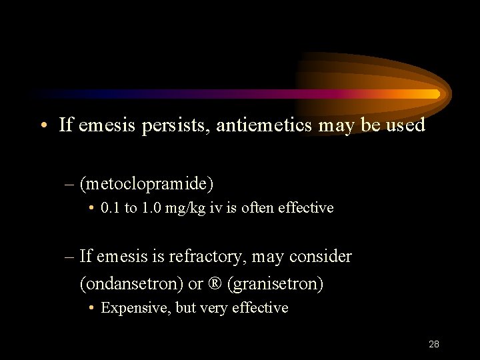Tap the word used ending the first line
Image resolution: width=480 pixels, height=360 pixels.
[405, 125]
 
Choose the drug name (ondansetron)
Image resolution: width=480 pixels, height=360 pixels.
[131, 284]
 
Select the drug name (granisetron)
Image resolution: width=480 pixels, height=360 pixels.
[275, 284]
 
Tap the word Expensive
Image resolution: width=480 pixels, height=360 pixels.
[135, 308]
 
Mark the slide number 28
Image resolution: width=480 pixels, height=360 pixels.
[433, 345]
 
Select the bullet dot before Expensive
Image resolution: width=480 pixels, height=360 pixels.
[91, 308]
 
